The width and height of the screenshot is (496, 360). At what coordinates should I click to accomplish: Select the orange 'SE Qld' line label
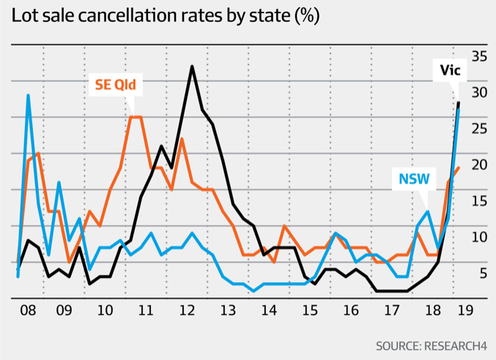(116, 84)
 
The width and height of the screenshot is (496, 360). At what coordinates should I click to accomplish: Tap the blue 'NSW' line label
(414, 179)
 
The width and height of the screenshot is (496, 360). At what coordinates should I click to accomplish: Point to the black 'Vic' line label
(450, 70)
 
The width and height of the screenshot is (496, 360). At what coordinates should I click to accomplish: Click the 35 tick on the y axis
(480, 56)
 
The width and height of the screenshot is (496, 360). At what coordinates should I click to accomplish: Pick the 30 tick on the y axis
(480, 92)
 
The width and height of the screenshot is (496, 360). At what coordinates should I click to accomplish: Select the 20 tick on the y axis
(480, 165)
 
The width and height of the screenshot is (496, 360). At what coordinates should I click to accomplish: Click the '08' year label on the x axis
(28, 310)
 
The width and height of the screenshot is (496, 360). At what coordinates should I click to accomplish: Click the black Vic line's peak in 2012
(192, 67)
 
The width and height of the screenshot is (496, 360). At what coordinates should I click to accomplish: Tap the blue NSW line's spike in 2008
(28, 95)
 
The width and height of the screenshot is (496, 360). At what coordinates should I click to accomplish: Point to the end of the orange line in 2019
(458, 168)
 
